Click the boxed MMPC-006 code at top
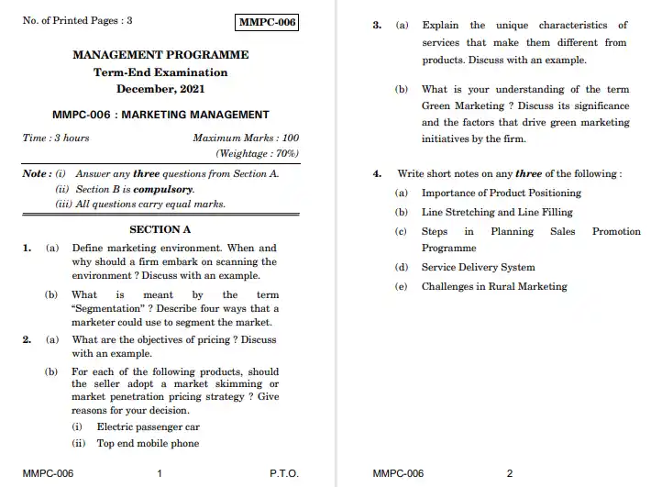(267, 22)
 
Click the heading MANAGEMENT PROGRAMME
(160, 55)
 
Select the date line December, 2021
(160, 89)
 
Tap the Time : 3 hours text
(56, 138)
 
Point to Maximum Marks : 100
(246, 138)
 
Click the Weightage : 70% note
(257, 153)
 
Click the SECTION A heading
(160, 229)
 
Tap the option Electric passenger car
(148, 426)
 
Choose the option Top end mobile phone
(148, 443)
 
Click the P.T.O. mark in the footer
(284, 473)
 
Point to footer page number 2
(510, 473)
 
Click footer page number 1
(160, 473)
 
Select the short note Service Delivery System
(478, 268)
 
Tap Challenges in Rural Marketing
(494, 286)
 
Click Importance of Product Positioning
(501, 193)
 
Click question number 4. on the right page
(377, 173)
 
